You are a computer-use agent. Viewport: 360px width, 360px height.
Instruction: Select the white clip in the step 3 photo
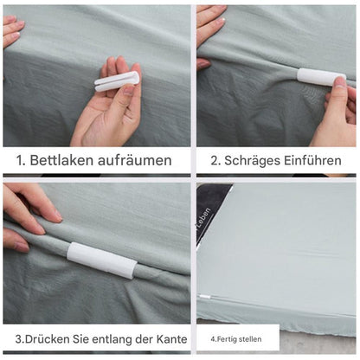tap(101, 259)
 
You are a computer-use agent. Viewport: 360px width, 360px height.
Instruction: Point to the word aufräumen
tap(133, 160)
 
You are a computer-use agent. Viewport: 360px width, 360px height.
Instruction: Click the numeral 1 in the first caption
tap(19, 160)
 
